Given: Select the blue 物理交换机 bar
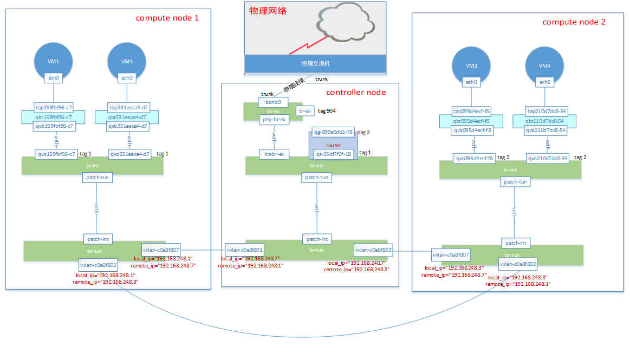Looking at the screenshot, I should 315,63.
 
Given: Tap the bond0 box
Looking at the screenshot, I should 273,102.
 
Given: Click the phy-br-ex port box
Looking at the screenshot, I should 275,119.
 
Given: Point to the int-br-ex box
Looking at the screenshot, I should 275,154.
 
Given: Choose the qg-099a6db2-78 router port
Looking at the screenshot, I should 333,132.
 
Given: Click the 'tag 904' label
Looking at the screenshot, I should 328,110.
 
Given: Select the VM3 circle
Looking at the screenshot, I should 472,66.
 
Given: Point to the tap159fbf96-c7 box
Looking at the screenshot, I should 53,108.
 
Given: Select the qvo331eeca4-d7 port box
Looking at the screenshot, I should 129,154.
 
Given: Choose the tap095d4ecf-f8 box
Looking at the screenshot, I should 472,112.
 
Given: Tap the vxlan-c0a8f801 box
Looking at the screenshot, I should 245,250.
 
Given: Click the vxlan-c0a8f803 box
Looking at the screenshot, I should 374,250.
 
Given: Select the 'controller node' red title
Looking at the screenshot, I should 356,92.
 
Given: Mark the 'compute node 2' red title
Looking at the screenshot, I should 574,22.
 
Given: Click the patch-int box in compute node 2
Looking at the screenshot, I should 516,243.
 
